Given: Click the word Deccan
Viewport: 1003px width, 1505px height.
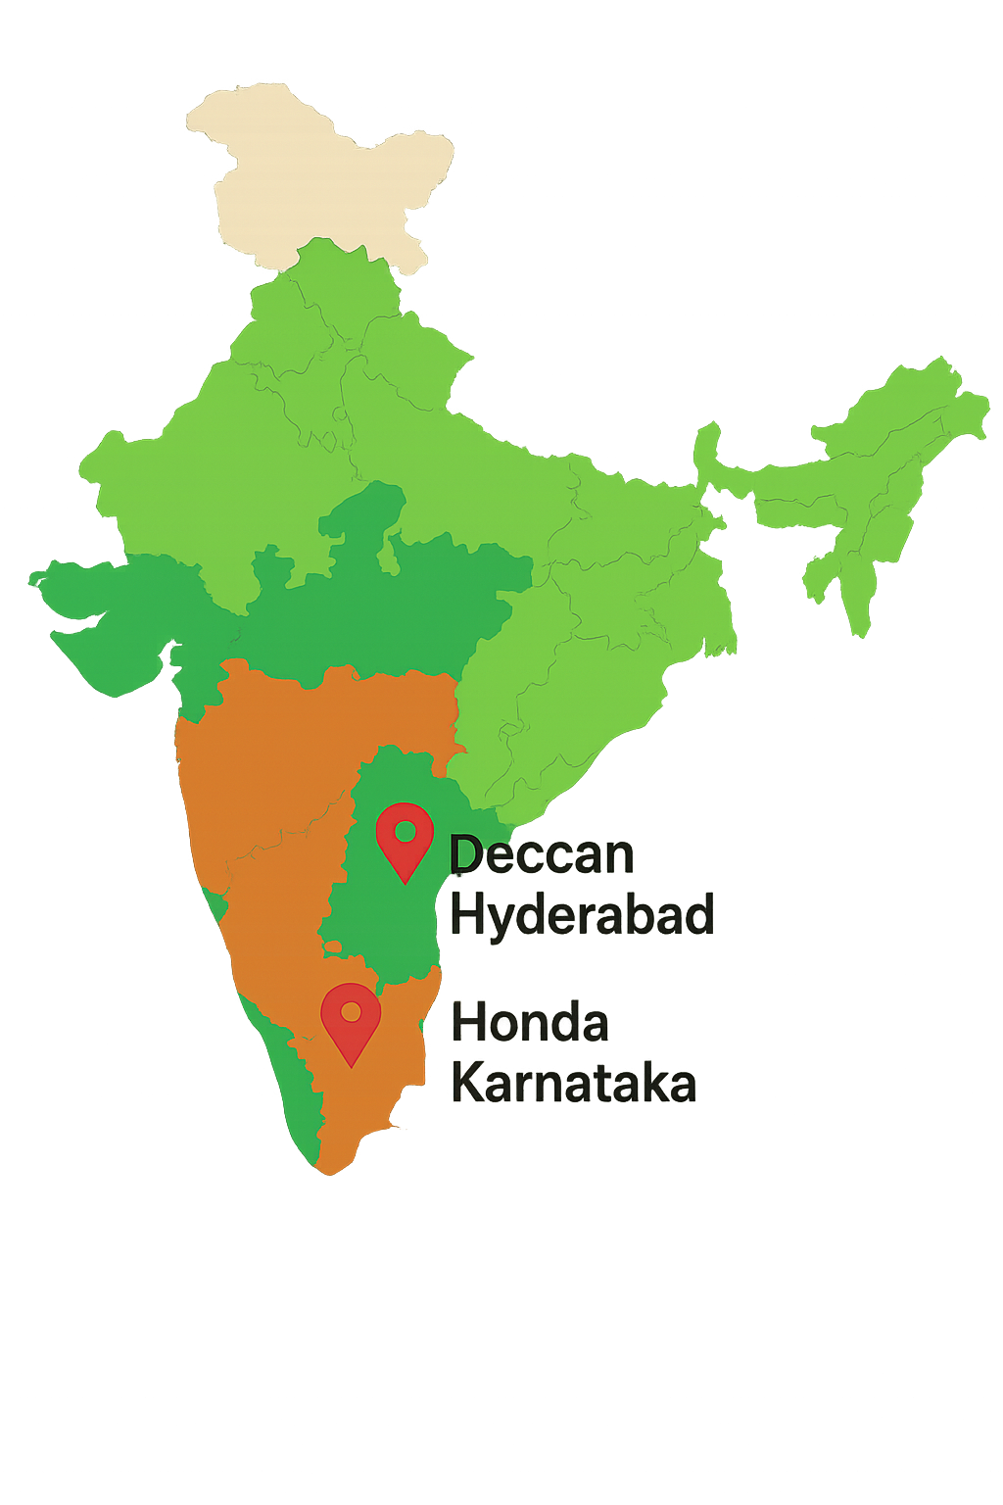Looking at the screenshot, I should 542,855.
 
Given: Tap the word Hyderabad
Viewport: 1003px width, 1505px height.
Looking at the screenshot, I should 581,916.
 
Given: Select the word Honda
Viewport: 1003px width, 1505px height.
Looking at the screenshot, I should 530,1024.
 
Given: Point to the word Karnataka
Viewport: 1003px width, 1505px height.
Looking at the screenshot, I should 574,1085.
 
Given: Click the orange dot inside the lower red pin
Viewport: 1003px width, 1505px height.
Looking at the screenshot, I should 351,1011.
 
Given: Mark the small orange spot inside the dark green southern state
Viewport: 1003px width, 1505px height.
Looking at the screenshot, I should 333,947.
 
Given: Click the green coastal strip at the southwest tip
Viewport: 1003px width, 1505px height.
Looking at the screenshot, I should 294,1088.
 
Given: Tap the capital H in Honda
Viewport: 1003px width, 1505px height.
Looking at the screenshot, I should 467,1024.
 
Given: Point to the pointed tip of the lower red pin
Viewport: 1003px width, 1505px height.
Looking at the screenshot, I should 351,1064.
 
